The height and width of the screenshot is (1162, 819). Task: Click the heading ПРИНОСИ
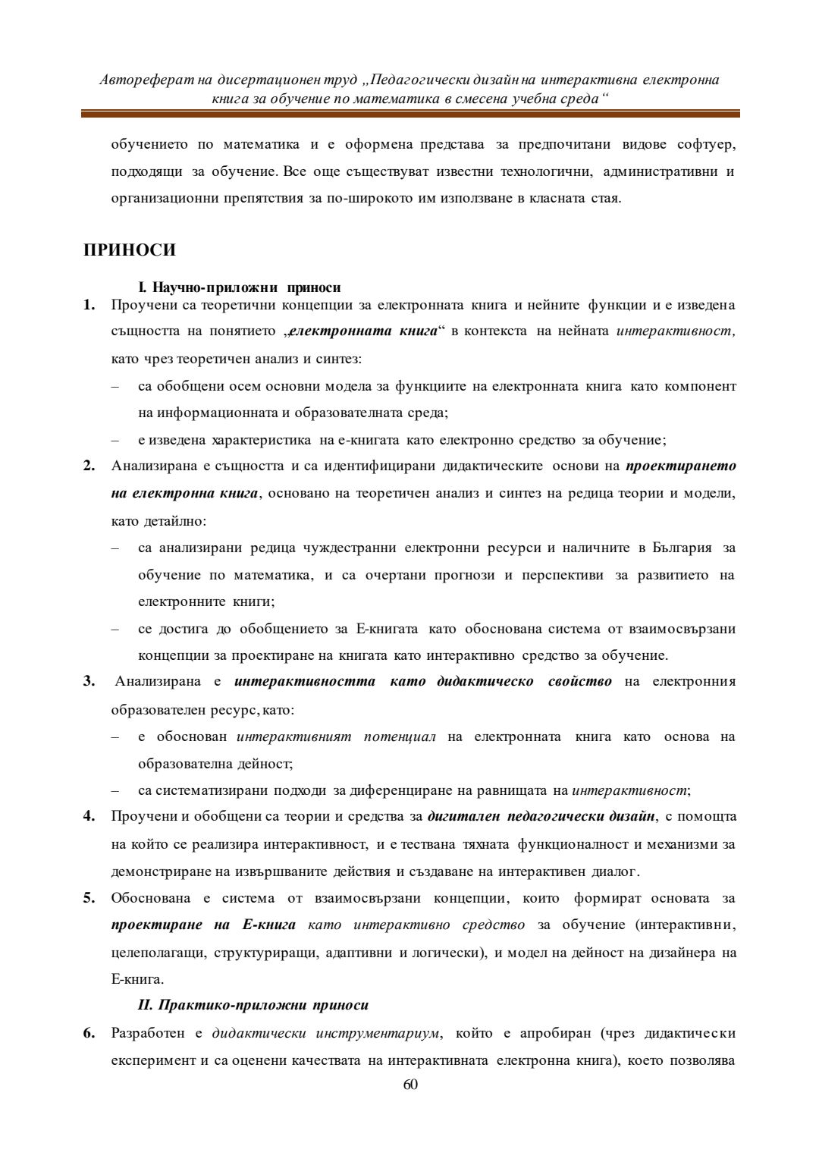coord(129,250)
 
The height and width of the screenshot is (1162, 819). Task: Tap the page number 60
coord(410,1085)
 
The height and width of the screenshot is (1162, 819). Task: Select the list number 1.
coord(89,305)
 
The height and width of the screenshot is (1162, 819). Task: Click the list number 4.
coord(89,816)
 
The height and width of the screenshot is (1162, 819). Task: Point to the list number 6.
coord(89,1033)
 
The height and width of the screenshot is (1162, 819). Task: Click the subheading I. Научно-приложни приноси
coord(239,287)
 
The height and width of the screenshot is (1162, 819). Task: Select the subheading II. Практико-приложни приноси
coord(253,1005)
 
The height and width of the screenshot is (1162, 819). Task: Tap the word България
coord(682,548)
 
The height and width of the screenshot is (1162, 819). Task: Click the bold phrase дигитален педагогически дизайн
coord(541,816)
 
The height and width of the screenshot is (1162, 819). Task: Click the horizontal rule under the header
coord(410,114)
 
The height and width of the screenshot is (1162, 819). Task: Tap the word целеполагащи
coord(156,952)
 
